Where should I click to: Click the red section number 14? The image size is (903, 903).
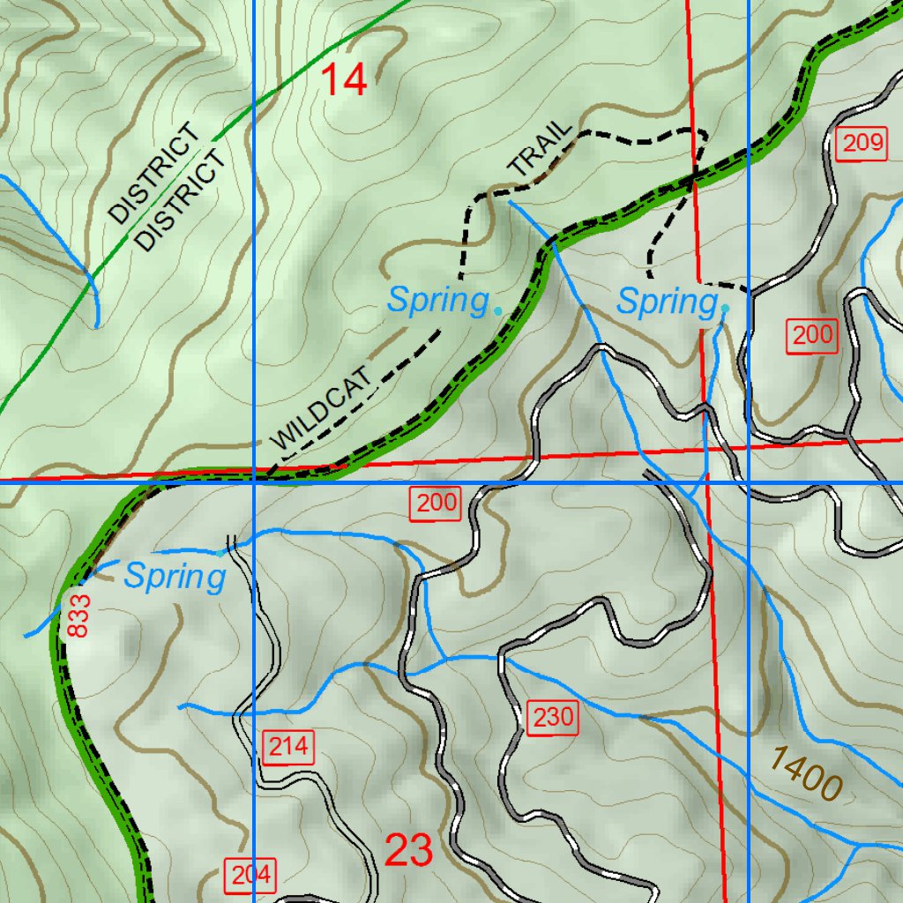(x=343, y=80)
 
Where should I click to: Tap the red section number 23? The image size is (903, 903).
(x=409, y=851)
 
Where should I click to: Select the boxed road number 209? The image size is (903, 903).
(x=860, y=144)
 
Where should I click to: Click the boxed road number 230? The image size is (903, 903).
(x=554, y=718)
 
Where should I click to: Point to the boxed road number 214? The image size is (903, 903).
(x=288, y=748)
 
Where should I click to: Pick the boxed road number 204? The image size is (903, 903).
(x=251, y=875)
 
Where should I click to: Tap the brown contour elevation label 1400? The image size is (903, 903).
(x=806, y=773)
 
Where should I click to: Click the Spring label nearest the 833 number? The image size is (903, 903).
(x=175, y=578)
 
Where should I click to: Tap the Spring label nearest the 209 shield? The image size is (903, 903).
(x=666, y=302)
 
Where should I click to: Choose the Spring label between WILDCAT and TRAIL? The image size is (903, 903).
(x=437, y=301)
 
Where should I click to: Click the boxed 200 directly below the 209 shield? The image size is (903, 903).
(x=811, y=335)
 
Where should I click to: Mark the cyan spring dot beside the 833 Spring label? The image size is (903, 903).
(x=220, y=554)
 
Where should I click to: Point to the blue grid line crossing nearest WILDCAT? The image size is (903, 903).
(x=254, y=482)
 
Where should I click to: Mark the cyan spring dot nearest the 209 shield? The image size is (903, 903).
(x=725, y=309)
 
